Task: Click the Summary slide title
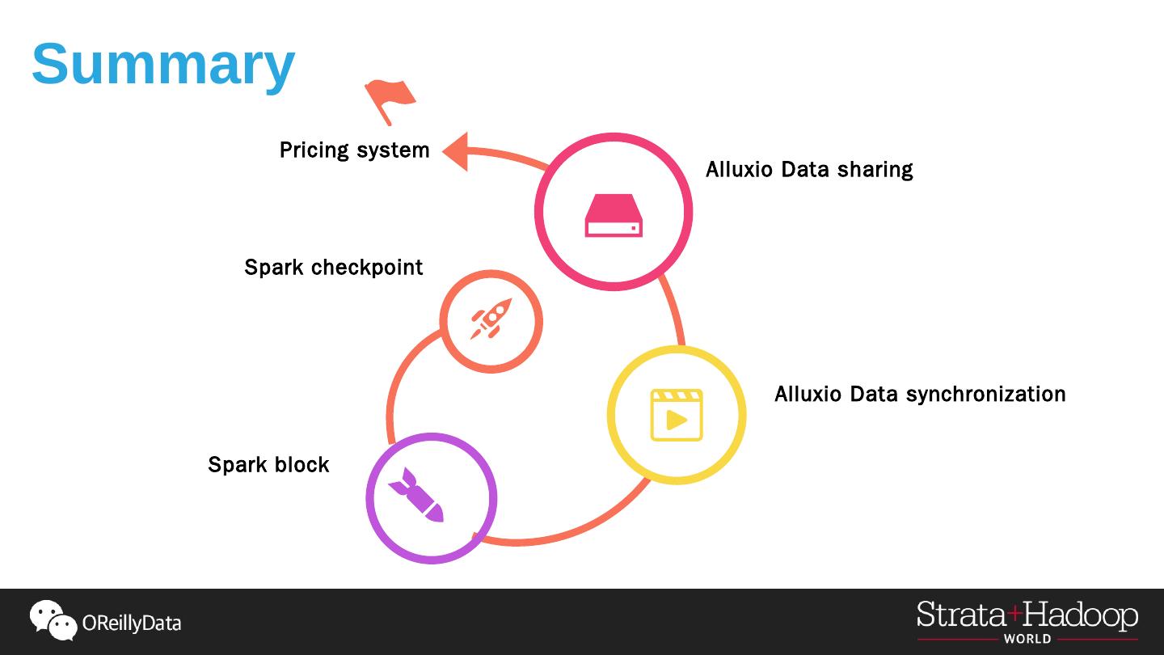coord(163,64)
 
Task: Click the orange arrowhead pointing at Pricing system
coord(456,151)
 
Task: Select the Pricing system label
coord(354,150)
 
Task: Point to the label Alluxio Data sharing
coord(809,170)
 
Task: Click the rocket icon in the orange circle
coord(491,319)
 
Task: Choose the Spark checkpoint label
coord(333,268)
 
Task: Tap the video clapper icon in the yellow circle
coord(677,416)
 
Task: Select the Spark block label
coord(268,465)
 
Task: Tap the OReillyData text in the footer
coord(132,623)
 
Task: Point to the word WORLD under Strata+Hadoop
coord(1027,639)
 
